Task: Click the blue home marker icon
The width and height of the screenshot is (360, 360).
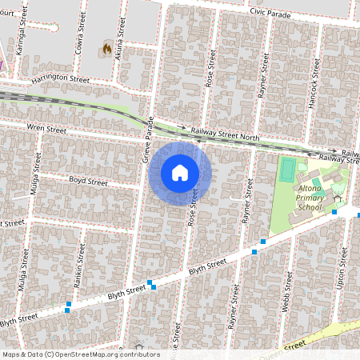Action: [180, 173]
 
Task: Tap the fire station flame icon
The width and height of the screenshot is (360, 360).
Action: [107, 49]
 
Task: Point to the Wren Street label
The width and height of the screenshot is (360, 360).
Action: [46, 129]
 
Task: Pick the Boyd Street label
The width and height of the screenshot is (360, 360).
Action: [88, 182]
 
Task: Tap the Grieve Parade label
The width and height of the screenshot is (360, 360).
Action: [147, 142]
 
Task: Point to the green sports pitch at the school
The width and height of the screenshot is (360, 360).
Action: [287, 169]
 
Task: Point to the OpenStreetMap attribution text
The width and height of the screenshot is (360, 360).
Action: [81, 354]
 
